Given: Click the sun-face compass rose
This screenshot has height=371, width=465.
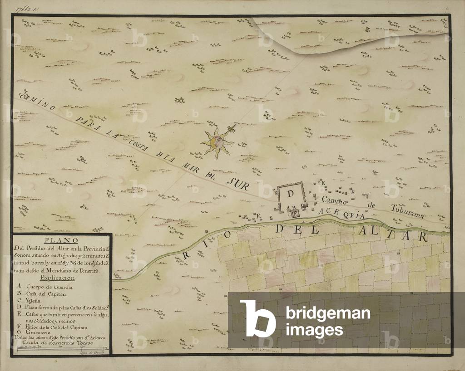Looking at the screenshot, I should pyautogui.click(x=217, y=142).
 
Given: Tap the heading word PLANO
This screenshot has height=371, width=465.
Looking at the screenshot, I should pyautogui.click(x=62, y=240).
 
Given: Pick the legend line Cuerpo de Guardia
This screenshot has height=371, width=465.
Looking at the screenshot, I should pyautogui.click(x=50, y=288).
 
